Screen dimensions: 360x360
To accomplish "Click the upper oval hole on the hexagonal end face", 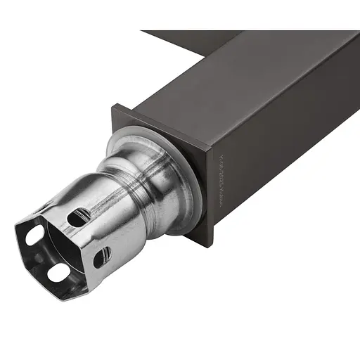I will click(x=35, y=236).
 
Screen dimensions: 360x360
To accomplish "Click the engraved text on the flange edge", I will click(x=220, y=179).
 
